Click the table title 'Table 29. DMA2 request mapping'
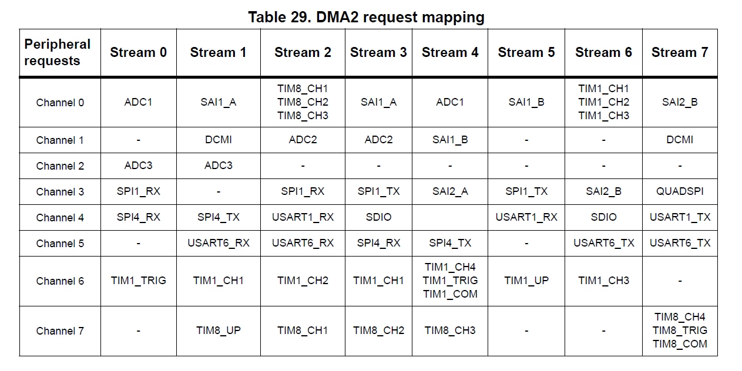[x=366, y=17]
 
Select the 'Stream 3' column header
[x=378, y=52]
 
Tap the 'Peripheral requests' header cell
[x=58, y=52]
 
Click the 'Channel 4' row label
[x=60, y=217]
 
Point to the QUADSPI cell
[x=680, y=191]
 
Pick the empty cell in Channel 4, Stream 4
[x=450, y=217]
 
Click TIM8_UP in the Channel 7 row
[x=219, y=330]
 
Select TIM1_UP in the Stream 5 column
[x=526, y=281]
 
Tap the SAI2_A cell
[x=450, y=191]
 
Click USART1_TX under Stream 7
[x=680, y=217]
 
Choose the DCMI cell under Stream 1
[x=219, y=140]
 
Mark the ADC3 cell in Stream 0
[x=138, y=166]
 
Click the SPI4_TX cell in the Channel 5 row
[x=450, y=243]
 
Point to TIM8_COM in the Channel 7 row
[x=680, y=344]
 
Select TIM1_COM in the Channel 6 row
[x=450, y=294]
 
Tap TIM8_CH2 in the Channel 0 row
[x=303, y=102]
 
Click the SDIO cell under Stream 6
[x=603, y=217]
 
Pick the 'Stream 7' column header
[x=680, y=52]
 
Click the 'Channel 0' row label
[x=60, y=103]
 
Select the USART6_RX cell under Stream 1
[x=219, y=243]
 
